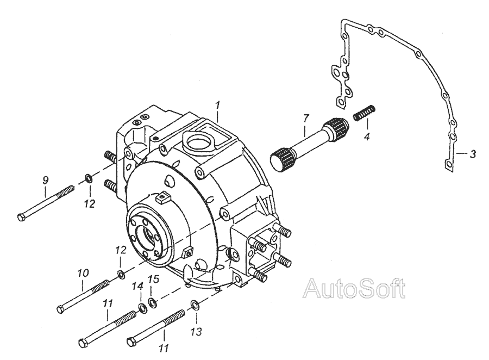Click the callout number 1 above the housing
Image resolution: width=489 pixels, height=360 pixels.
pyautogui.click(x=217, y=103)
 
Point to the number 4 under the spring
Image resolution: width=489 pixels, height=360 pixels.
pyautogui.click(x=367, y=136)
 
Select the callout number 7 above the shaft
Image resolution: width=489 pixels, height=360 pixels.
pyautogui.click(x=305, y=117)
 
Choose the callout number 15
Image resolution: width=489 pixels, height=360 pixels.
pyautogui.click(x=154, y=280)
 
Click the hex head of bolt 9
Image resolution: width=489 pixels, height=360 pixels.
pyautogui.click(x=22, y=218)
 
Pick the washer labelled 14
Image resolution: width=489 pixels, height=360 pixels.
pyautogui.click(x=142, y=308)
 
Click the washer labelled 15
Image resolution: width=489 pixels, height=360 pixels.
pyautogui.click(x=153, y=302)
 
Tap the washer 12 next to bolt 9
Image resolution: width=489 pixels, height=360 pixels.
pyautogui.click(x=87, y=178)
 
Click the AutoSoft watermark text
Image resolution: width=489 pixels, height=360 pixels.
pyautogui.click(x=356, y=289)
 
